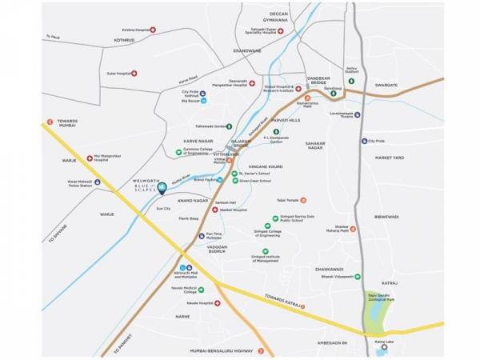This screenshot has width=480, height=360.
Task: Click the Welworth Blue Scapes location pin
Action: [162, 190]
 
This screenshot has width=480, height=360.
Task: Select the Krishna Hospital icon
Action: [152, 30]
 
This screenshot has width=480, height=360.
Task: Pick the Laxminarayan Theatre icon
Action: [356, 115]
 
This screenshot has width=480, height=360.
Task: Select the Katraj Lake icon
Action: [383, 346]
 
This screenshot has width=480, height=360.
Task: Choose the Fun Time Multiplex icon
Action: [200, 234]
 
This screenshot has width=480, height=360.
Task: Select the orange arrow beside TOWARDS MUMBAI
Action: [50, 122]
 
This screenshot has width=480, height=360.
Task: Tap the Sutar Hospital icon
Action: [134, 74]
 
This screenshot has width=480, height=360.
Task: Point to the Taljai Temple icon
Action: [302, 200]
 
